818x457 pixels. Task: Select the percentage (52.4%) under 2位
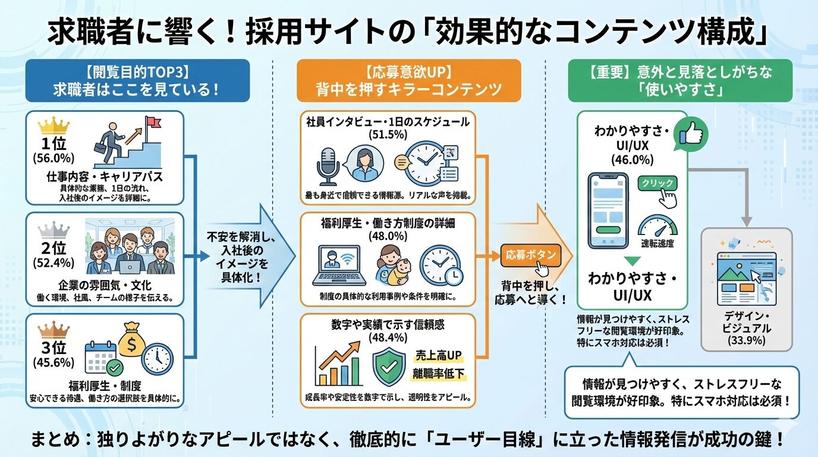[54, 262]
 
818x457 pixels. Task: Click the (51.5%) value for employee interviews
[387, 134]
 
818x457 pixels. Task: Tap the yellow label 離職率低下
[439, 374]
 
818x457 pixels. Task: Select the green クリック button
[658, 184]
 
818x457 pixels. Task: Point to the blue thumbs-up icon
[691, 132]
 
